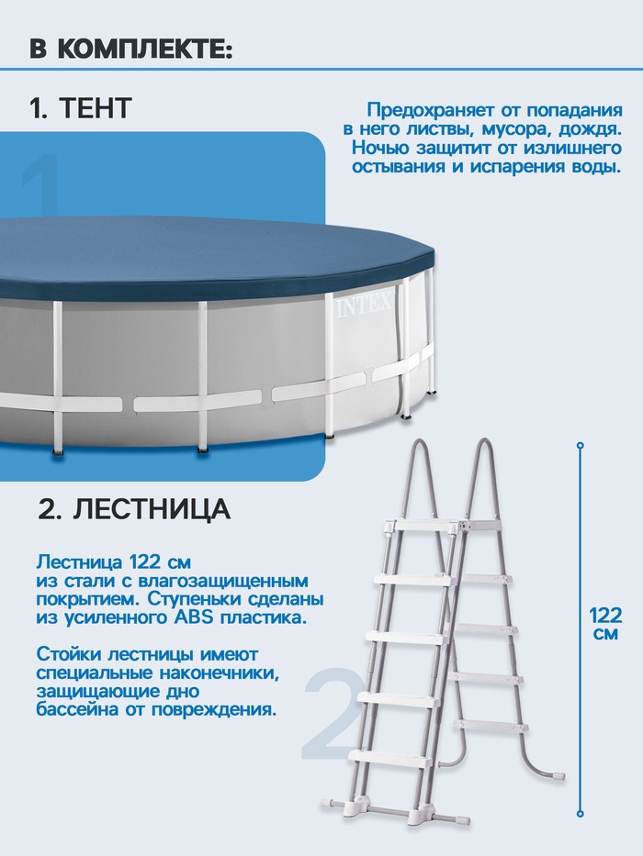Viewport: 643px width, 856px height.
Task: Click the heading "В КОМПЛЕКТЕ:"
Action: click(131, 50)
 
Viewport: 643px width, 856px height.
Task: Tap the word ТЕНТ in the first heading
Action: click(95, 107)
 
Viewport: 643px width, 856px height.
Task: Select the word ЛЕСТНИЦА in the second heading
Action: click(152, 509)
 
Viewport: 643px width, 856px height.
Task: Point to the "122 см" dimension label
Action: click(606, 625)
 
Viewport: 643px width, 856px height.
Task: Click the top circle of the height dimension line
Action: click(581, 446)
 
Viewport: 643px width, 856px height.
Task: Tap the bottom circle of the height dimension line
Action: click(581, 814)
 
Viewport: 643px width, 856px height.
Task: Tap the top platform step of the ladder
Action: click(444, 525)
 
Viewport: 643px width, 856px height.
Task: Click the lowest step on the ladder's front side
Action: click(389, 757)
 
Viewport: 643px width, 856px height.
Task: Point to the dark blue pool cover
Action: click(213, 255)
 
